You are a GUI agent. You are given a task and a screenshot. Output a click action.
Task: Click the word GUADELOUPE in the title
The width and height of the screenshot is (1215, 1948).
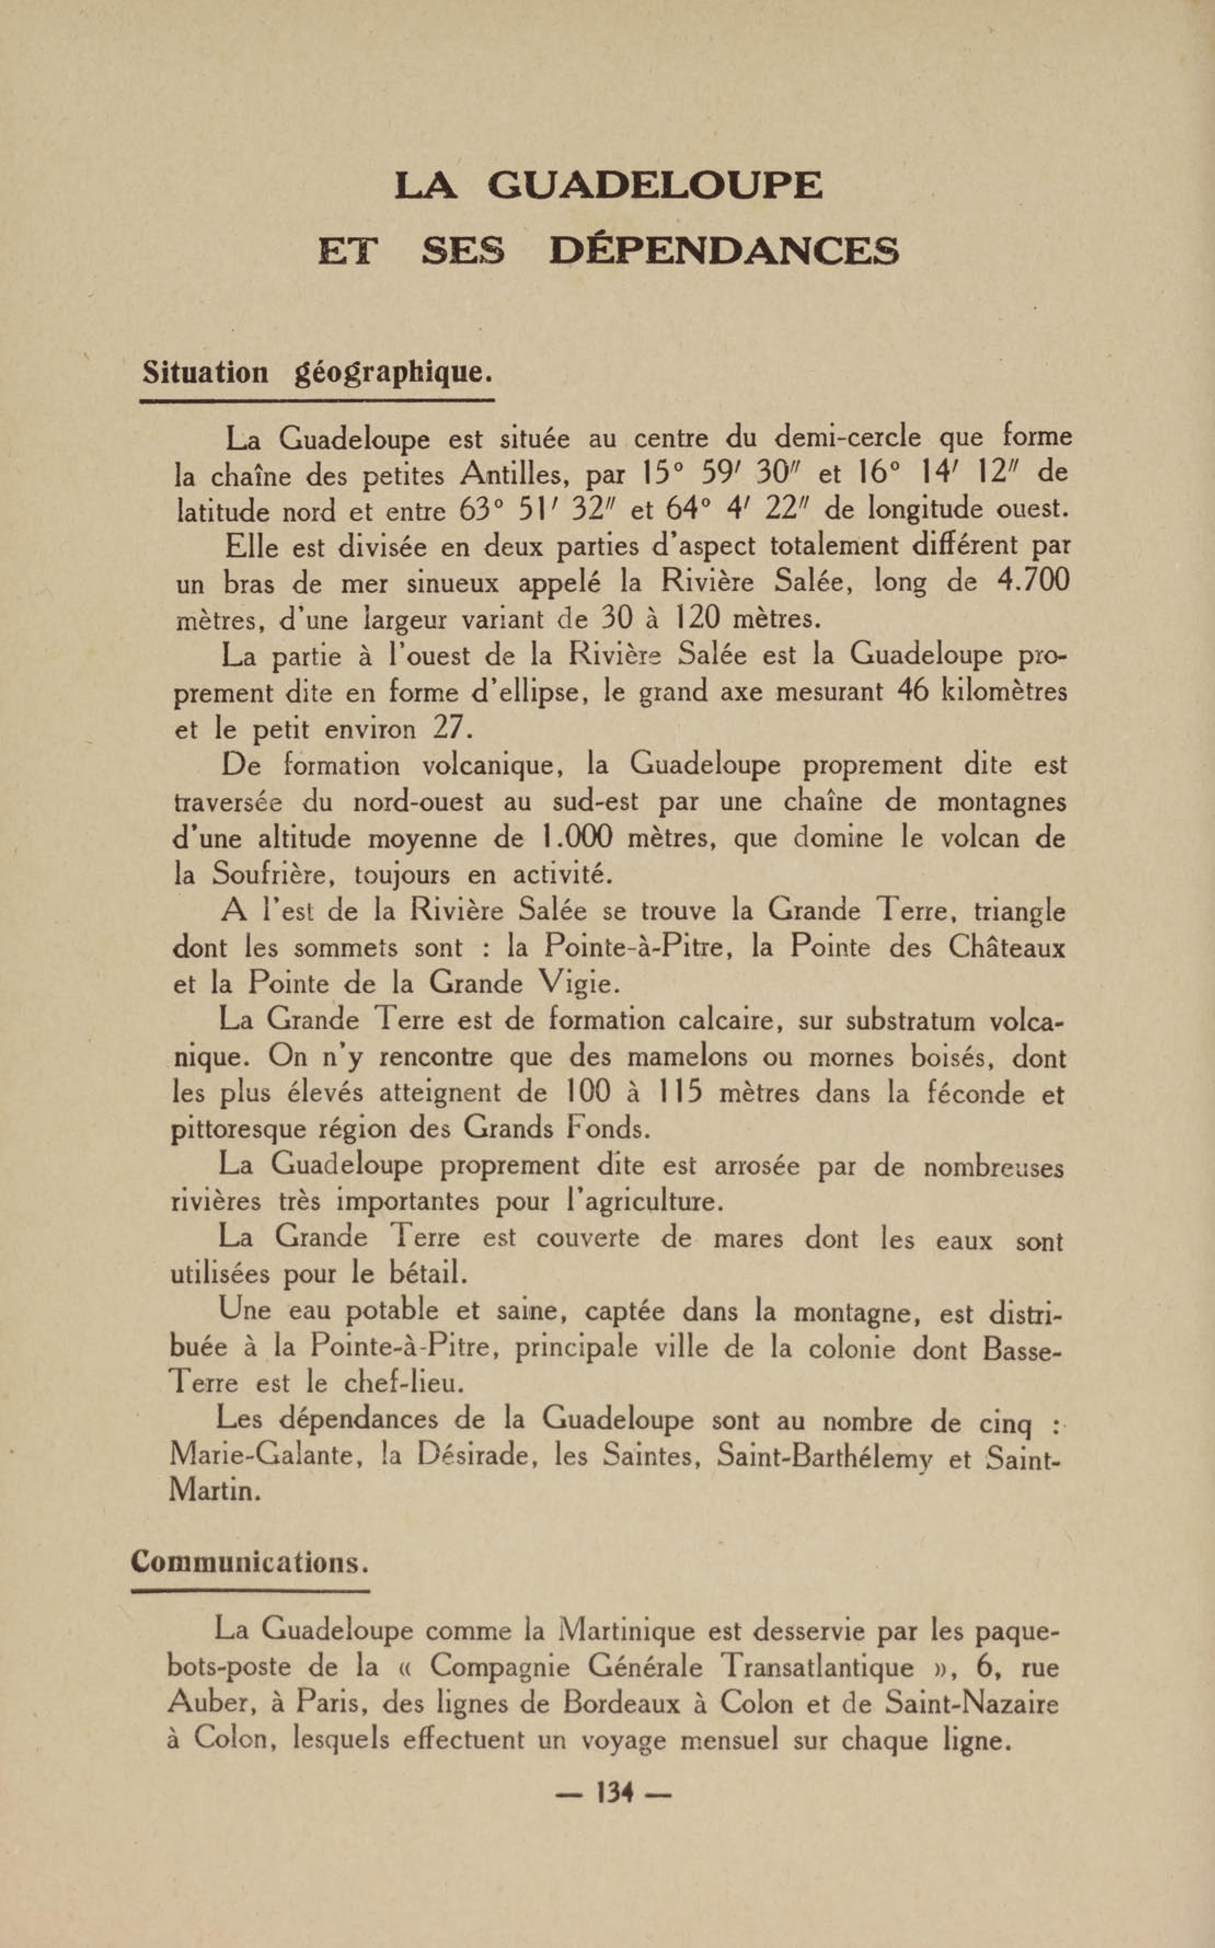tap(655, 186)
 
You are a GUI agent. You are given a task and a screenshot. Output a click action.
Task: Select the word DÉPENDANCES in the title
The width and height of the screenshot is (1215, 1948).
tap(724, 252)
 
